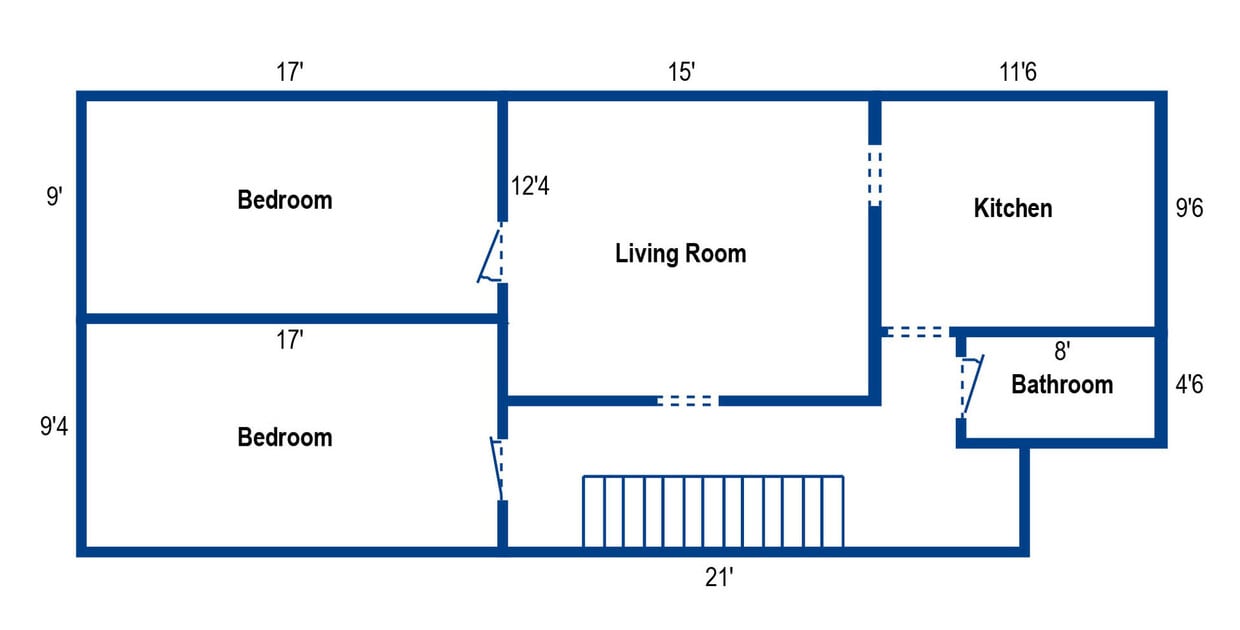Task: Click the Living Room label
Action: (x=680, y=253)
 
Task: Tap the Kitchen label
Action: (x=1012, y=208)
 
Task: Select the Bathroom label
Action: (x=1061, y=384)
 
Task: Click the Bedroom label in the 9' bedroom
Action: (x=284, y=199)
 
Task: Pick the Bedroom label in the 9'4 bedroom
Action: (x=284, y=437)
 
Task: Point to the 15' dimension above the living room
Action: (x=682, y=72)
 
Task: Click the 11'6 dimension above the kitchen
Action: (x=1018, y=72)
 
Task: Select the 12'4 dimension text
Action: (x=530, y=185)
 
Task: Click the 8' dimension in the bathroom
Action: (x=1062, y=350)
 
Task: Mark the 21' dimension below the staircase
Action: (x=720, y=577)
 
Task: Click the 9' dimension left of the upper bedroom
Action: (x=54, y=196)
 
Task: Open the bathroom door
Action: (x=969, y=386)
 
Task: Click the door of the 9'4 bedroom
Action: (x=496, y=468)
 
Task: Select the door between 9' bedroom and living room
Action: (x=491, y=254)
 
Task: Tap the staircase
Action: (x=713, y=511)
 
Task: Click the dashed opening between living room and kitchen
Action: (x=875, y=176)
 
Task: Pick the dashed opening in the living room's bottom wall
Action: (x=687, y=400)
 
